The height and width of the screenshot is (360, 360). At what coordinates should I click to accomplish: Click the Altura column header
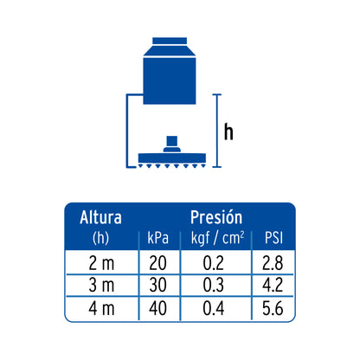[x=100, y=217]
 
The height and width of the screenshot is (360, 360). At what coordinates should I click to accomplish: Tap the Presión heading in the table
[x=216, y=217]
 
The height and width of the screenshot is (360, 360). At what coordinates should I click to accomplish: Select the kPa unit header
[x=157, y=238]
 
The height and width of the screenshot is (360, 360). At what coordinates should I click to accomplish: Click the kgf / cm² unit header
[x=217, y=239]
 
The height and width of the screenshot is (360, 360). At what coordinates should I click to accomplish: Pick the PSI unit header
[x=273, y=238]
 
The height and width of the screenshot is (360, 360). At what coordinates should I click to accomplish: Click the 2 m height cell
[x=101, y=263]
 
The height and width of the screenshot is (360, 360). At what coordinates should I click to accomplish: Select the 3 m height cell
[x=101, y=285]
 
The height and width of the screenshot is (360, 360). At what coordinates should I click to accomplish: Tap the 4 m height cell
[x=101, y=308]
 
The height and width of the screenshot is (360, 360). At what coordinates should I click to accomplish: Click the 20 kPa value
[x=157, y=263]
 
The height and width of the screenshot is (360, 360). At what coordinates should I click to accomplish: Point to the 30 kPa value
[x=157, y=285]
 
